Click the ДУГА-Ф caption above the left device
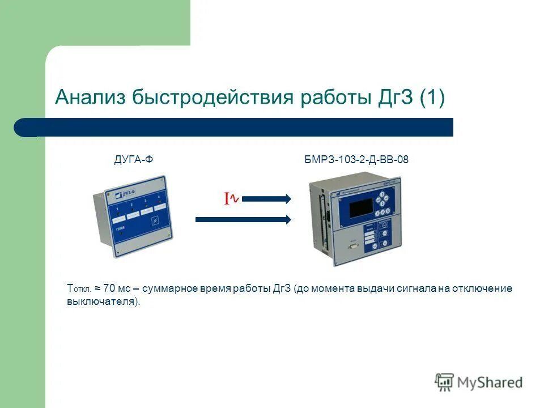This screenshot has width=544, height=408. [x=134, y=160]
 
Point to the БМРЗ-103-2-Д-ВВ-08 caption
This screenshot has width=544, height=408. [x=356, y=160]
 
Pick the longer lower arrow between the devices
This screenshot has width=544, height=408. [x=244, y=220]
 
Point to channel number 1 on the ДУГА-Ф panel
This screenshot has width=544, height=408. [x=117, y=210]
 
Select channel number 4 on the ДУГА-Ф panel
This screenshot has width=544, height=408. [x=159, y=198]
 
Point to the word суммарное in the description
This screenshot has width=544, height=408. [x=169, y=288]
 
